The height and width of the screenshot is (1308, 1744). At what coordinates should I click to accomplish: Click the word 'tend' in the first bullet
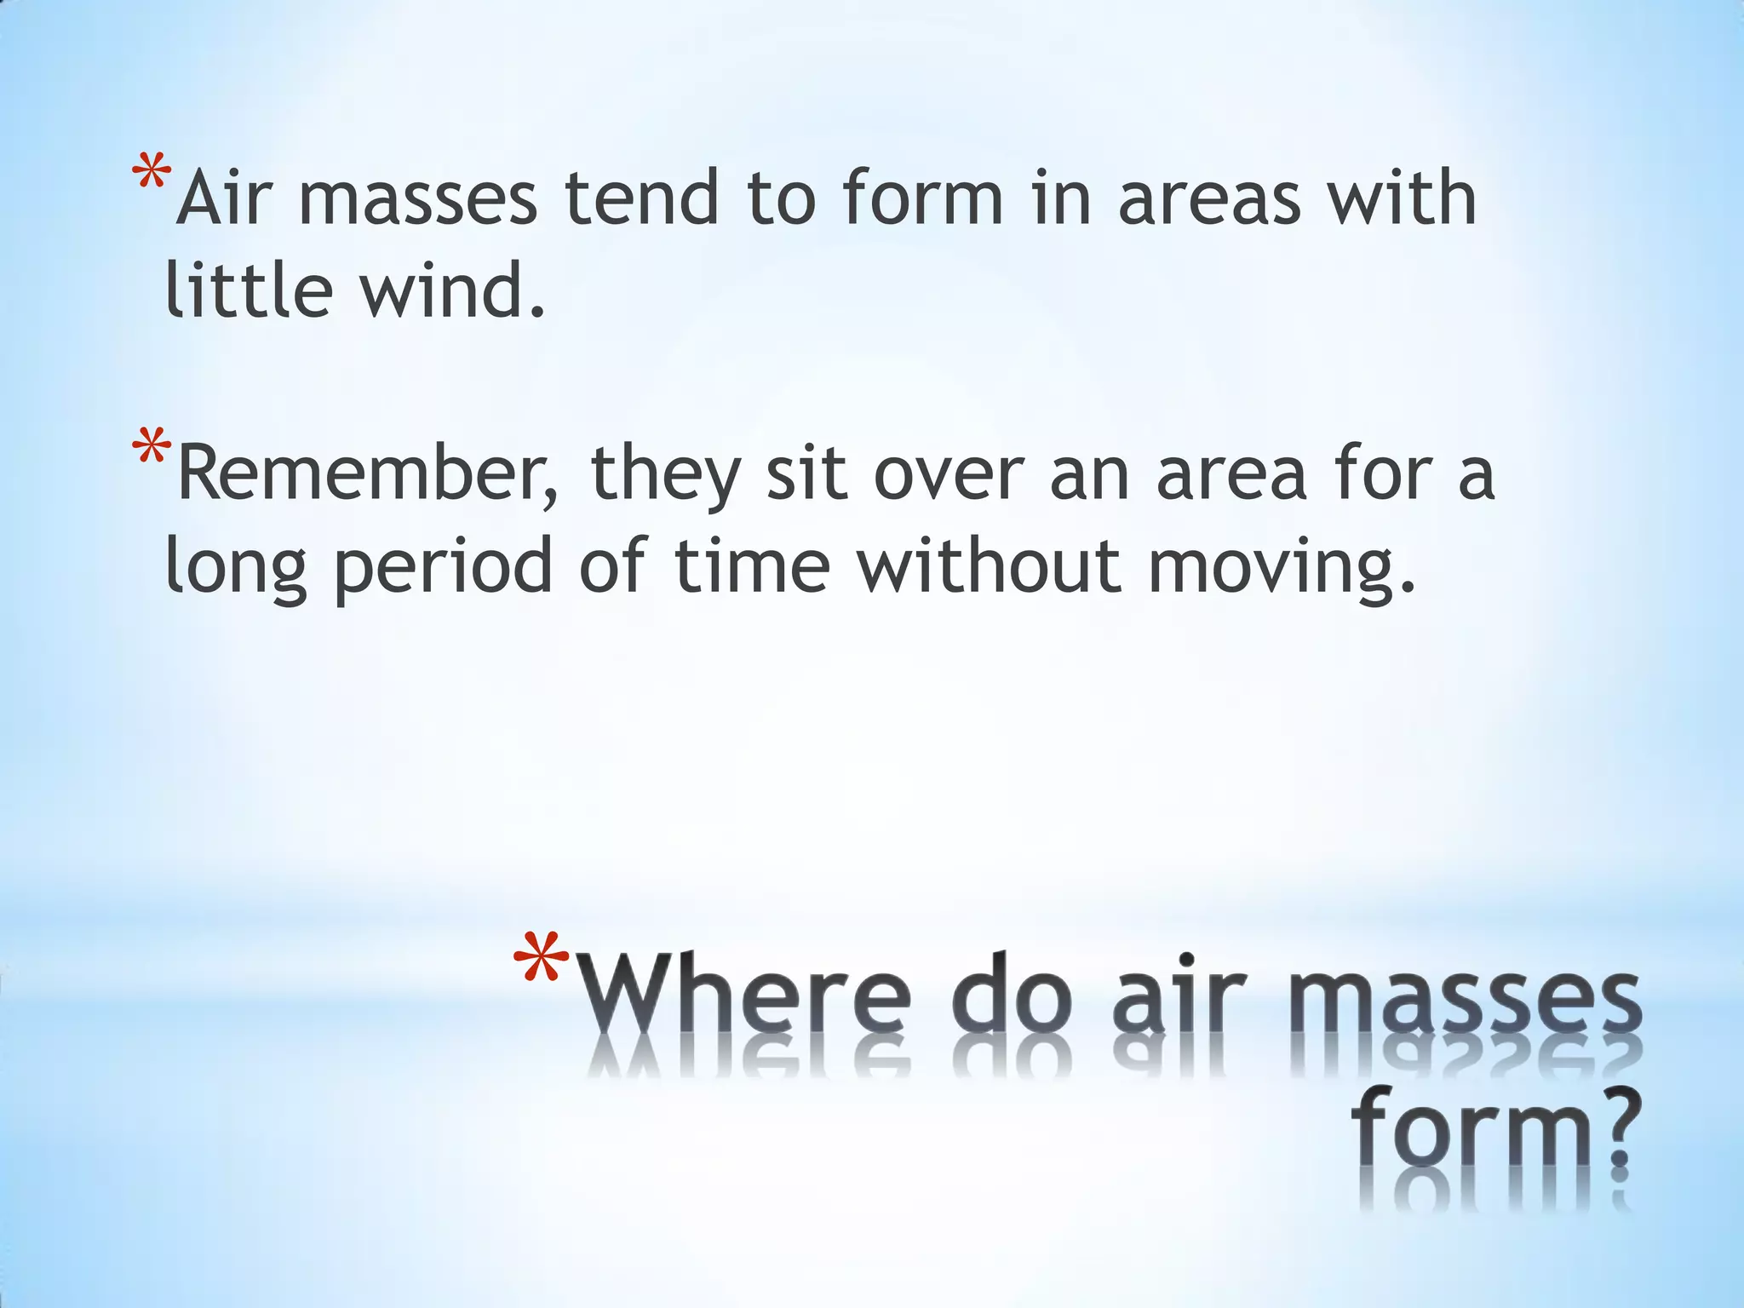point(642,199)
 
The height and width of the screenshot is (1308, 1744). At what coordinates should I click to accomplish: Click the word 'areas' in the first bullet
point(1209,199)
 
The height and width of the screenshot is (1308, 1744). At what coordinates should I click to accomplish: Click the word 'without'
point(988,565)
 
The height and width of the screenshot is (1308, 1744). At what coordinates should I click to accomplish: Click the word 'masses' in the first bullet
point(417,201)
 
